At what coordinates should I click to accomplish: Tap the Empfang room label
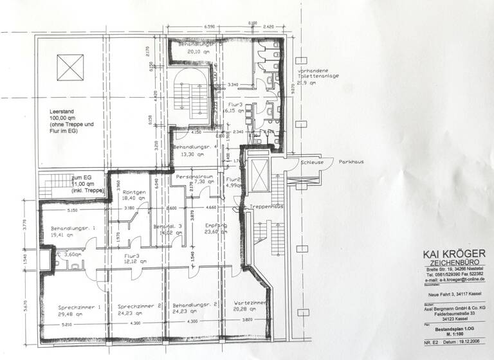(214, 226)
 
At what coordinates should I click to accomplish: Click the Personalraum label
(194, 175)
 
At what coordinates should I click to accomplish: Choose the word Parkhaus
(351, 162)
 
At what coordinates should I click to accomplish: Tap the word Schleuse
(312, 162)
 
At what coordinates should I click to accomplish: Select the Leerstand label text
(62, 112)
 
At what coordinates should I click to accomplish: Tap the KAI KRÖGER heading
(449, 254)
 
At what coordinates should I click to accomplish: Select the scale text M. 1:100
(450, 334)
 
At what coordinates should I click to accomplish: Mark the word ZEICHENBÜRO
(449, 263)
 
